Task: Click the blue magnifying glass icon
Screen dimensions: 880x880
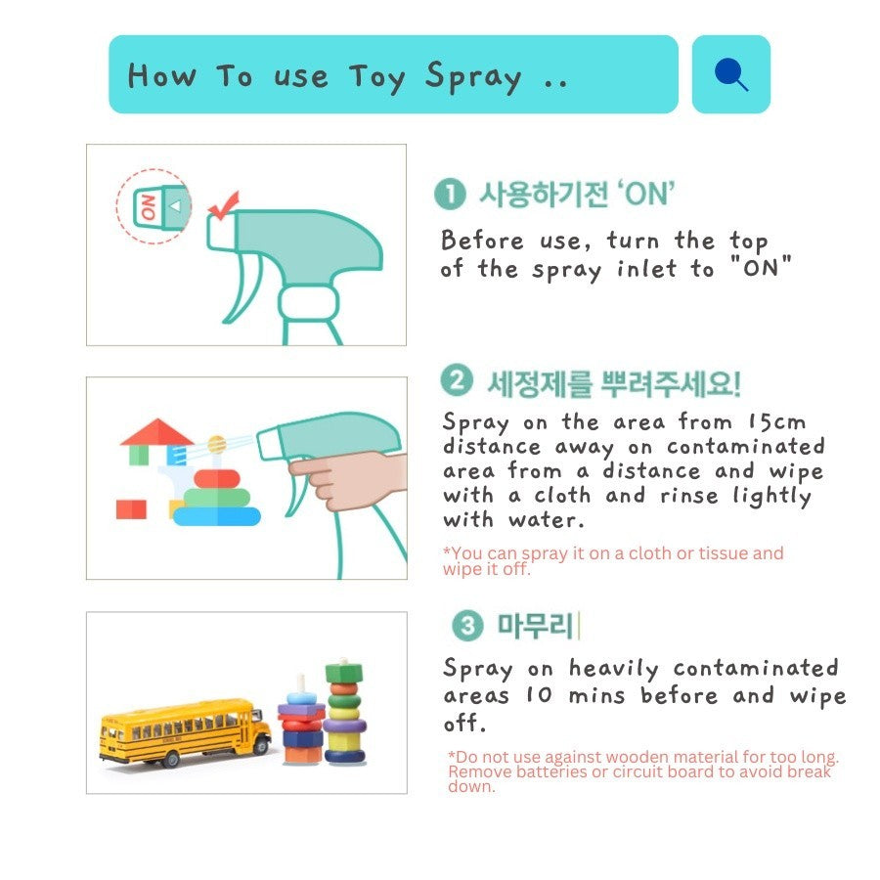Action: coord(730,73)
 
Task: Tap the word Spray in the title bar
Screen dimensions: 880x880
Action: coord(473,77)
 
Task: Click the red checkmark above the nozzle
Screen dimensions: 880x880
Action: coord(224,205)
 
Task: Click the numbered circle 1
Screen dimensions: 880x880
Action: coord(450,195)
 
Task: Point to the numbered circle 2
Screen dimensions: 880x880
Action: coord(457,380)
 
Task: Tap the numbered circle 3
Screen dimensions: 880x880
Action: coord(467,625)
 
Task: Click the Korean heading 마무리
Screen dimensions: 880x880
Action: coord(536,626)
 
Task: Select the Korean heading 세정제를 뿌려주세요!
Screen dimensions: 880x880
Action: coord(614,384)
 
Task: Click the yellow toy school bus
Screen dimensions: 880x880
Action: coord(184,731)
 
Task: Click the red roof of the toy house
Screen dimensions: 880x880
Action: coord(157,432)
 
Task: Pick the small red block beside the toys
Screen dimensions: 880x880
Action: coord(131,509)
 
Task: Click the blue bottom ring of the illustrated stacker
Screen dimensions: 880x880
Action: coord(217,516)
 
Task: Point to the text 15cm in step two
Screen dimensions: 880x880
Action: coord(777,422)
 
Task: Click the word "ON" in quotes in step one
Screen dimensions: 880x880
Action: coord(761,267)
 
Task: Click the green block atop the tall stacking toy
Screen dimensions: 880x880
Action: coord(344,673)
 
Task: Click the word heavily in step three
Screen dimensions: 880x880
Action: coord(614,669)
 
